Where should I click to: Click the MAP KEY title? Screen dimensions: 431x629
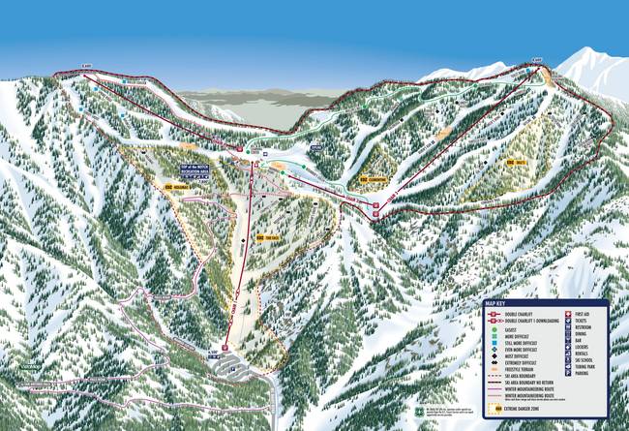tap(496, 303)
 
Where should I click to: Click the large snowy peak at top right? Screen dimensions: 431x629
tap(590, 68)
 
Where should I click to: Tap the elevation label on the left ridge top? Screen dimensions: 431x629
tap(86, 67)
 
